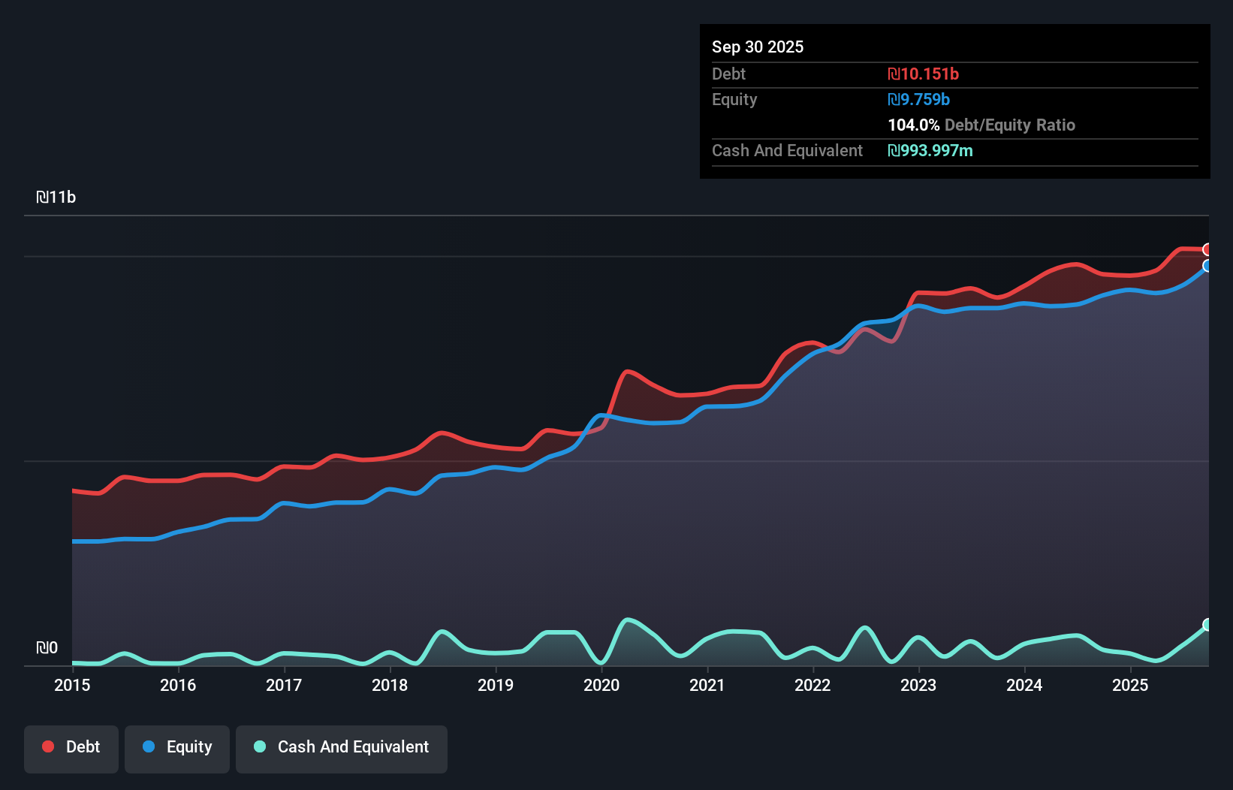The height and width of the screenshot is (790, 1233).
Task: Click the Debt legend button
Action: pos(71,748)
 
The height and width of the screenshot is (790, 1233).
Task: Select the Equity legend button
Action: pos(177,748)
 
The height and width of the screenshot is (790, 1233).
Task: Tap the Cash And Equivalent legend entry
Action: pos(342,748)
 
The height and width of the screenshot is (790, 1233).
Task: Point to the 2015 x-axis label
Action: pos(72,685)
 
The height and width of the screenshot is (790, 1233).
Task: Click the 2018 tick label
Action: pos(390,685)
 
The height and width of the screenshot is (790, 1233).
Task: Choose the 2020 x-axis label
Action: pos(601,685)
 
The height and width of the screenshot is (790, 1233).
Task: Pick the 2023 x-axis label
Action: pos(918,685)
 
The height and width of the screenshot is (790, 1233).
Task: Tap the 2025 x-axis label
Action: pos(1130,685)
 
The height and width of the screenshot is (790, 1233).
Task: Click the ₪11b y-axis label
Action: pos(56,197)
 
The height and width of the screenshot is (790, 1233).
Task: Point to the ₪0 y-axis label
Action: pos(47,648)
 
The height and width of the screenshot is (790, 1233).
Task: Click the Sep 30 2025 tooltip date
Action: pos(758,47)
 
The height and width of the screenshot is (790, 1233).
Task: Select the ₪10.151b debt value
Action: pos(923,74)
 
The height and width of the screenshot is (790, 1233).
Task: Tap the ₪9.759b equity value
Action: pos(918,99)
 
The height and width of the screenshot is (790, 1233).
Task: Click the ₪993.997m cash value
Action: pos(930,150)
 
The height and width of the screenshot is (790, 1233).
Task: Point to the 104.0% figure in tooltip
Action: pos(913,125)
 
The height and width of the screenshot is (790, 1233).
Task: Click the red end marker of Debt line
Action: pos(1207,249)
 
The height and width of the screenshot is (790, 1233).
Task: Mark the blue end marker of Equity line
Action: pos(1207,266)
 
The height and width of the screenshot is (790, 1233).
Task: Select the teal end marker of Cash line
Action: pos(1207,625)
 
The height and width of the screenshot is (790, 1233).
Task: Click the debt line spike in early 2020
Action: pos(627,372)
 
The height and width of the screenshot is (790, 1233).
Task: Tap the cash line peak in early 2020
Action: pos(627,620)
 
